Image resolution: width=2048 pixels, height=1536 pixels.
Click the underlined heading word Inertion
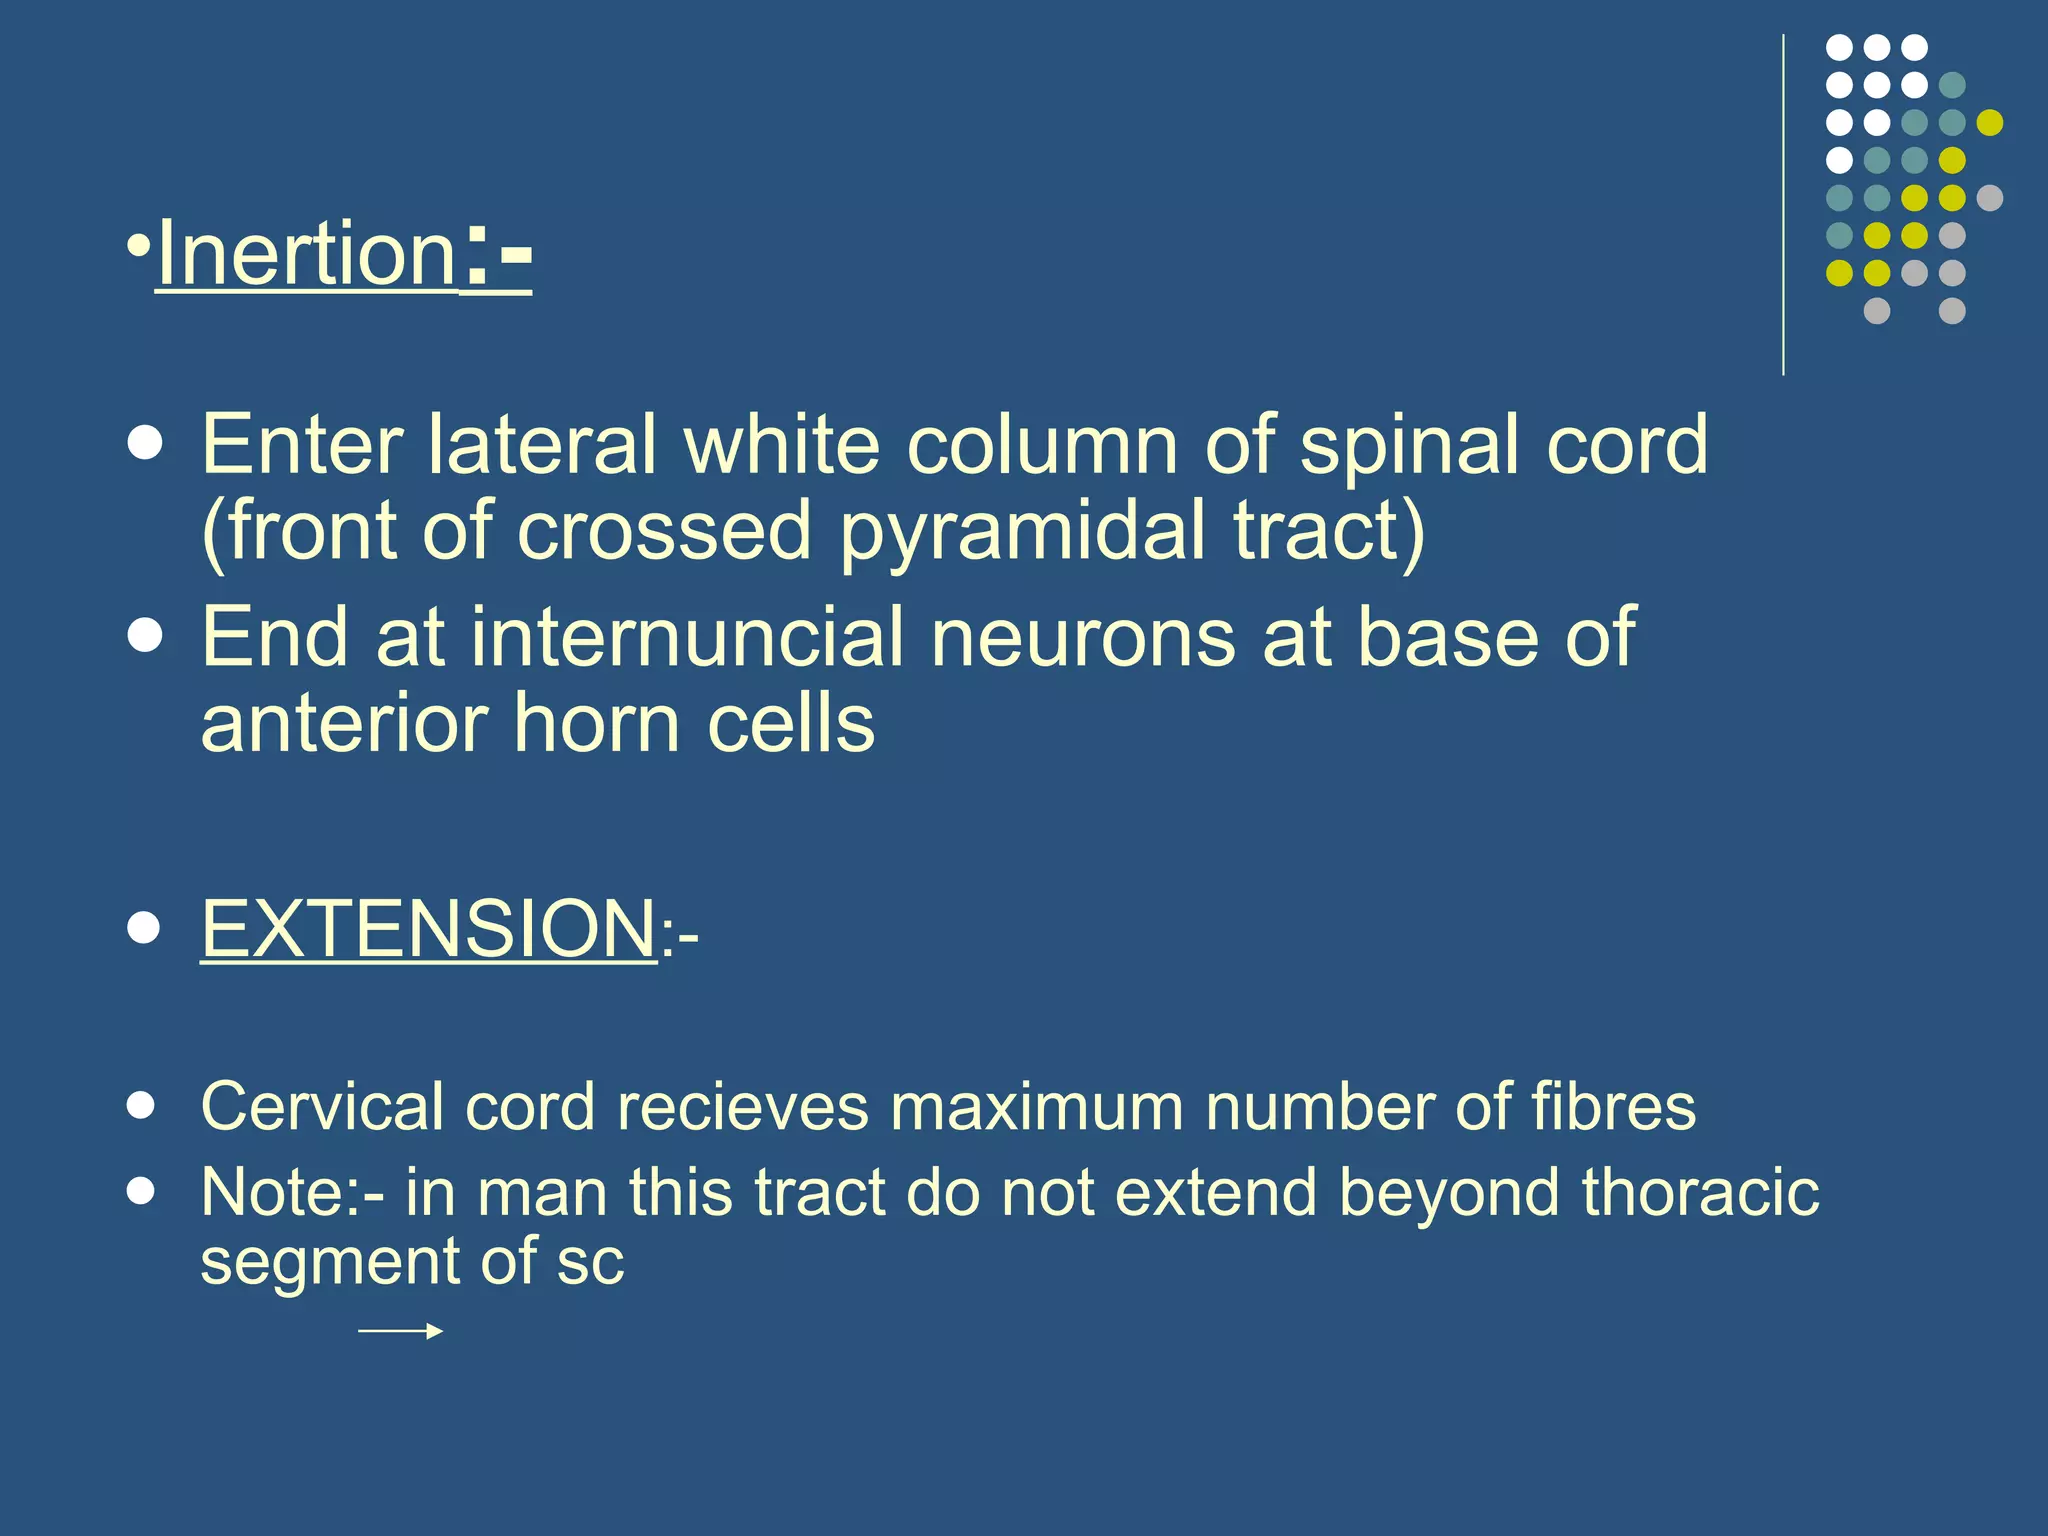306,254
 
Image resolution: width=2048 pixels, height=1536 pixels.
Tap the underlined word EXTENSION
428,928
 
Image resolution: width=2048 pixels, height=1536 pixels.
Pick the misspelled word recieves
742,1106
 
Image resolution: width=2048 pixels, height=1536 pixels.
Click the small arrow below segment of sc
400,1331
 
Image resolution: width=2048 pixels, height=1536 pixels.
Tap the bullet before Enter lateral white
146,444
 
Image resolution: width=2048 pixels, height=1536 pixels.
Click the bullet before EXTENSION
144,927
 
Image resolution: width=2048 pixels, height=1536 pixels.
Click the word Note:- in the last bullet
291,1192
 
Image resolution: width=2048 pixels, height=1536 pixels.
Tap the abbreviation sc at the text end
590,1261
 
